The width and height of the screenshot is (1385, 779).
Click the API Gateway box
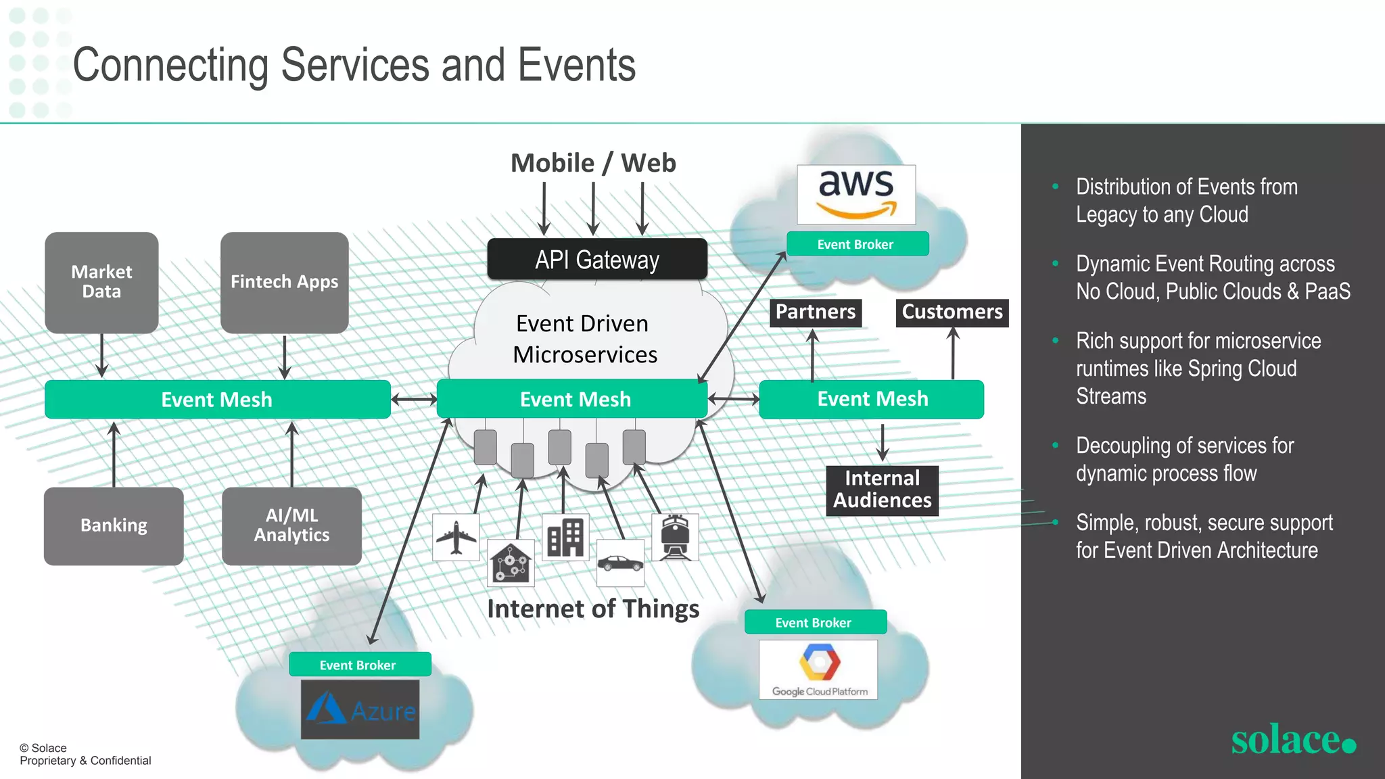[597, 259]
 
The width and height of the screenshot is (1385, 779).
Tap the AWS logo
[856, 195]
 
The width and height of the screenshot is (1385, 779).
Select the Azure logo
[360, 709]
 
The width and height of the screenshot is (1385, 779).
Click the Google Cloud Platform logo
[818, 669]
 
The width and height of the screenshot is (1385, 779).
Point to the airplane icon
[456, 537]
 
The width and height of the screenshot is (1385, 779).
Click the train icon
[675, 537]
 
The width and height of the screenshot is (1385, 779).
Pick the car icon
[620, 563]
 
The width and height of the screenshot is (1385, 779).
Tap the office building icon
[565, 537]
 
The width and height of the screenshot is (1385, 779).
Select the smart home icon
[511, 563]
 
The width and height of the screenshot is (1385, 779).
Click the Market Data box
[101, 282]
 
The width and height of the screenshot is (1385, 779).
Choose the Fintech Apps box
[284, 282]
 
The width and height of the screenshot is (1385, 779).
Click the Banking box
[114, 525]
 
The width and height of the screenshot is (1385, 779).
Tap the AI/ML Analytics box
[291, 525]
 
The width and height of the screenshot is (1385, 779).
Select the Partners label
[815, 312]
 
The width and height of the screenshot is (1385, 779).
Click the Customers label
[952, 312]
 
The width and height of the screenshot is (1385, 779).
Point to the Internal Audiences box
[882, 490]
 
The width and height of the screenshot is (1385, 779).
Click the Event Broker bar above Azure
[360, 665]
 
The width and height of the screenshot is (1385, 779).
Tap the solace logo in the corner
[1292, 740]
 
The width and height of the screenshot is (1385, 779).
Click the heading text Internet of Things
[593, 609]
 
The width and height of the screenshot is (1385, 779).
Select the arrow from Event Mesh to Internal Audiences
[883, 442]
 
